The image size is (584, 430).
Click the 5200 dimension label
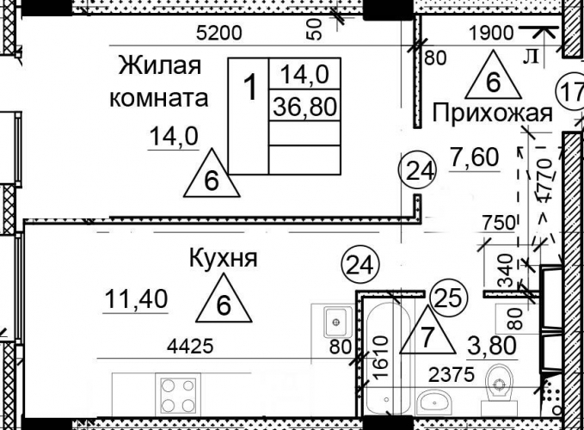(219, 34)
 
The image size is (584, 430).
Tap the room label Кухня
(223, 258)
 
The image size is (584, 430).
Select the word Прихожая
(492, 114)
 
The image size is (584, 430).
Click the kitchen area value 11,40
(136, 299)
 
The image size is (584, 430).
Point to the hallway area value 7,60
(474, 157)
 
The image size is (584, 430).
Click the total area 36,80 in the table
(304, 106)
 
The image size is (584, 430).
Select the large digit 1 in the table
(251, 87)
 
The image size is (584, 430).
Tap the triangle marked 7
(427, 330)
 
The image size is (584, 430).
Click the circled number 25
(448, 298)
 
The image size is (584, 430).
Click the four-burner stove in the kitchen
(178, 394)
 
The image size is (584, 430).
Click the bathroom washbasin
(434, 402)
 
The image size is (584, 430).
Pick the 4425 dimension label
(190, 346)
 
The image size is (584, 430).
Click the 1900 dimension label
(491, 34)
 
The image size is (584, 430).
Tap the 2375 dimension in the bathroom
(452, 374)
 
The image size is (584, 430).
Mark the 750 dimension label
(498, 223)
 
